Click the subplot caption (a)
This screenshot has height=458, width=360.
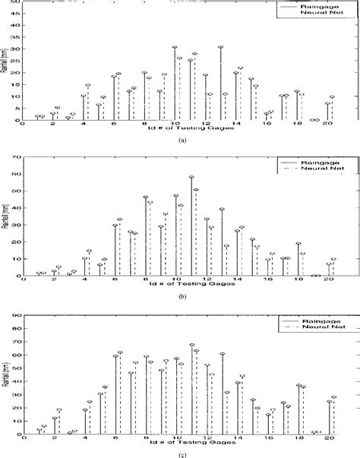(180, 141)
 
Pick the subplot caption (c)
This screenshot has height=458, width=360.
(180, 454)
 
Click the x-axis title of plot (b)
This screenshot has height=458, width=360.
(180, 287)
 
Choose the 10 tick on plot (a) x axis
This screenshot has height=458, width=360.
(175, 125)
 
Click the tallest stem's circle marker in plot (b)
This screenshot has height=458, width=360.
(191, 178)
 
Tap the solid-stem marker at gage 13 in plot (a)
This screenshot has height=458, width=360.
(221, 47)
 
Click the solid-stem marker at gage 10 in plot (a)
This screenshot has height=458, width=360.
(175, 47)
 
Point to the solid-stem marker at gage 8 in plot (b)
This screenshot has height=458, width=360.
(145, 197)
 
